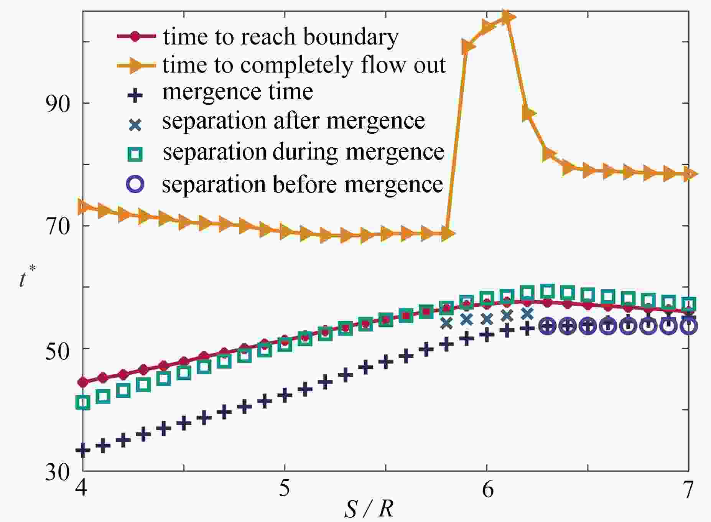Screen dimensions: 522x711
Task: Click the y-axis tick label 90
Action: (58, 103)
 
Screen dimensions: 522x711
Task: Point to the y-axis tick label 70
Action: (58, 226)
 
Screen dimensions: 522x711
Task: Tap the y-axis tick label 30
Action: (58, 471)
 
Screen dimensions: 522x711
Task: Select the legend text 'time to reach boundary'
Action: (280, 37)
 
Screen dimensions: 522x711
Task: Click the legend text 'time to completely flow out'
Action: (304, 65)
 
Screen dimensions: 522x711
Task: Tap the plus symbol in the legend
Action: (135, 96)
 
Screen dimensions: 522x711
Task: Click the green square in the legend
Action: (135, 154)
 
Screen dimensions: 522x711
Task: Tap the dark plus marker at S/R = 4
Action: (83, 450)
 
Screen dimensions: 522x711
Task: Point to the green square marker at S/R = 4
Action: (83, 403)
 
